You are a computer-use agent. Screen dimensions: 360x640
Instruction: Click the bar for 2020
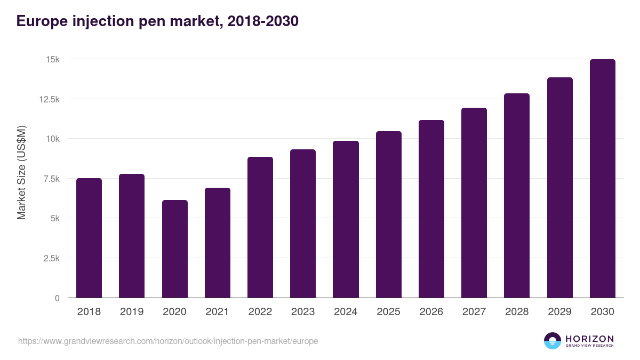click(174, 249)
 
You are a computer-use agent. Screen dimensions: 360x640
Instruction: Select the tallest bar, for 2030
click(602, 179)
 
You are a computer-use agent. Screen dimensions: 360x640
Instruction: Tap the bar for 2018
click(89, 238)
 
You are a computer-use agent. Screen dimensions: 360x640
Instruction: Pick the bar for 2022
click(260, 227)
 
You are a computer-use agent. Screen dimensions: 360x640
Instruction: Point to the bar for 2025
click(388, 214)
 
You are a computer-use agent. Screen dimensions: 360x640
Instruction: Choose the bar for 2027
click(474, 203)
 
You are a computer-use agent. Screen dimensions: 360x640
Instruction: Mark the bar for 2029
click(559, 188)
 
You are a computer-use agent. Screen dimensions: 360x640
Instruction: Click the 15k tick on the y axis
click(52, 59)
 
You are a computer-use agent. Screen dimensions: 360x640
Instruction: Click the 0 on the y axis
click(57, 298)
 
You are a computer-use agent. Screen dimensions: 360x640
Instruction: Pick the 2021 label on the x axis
click(217, 312)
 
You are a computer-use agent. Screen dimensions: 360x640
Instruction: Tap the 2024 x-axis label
click(346, 312)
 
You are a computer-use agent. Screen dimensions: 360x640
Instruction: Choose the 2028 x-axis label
click(517, 312)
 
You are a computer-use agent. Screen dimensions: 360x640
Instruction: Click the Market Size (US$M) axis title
click(21, 173)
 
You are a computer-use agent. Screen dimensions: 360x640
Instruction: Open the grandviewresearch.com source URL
click(168, 341)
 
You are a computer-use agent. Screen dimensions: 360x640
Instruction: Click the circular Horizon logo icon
click(553, 341)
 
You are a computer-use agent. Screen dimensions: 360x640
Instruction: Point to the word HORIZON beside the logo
click(589, 339)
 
